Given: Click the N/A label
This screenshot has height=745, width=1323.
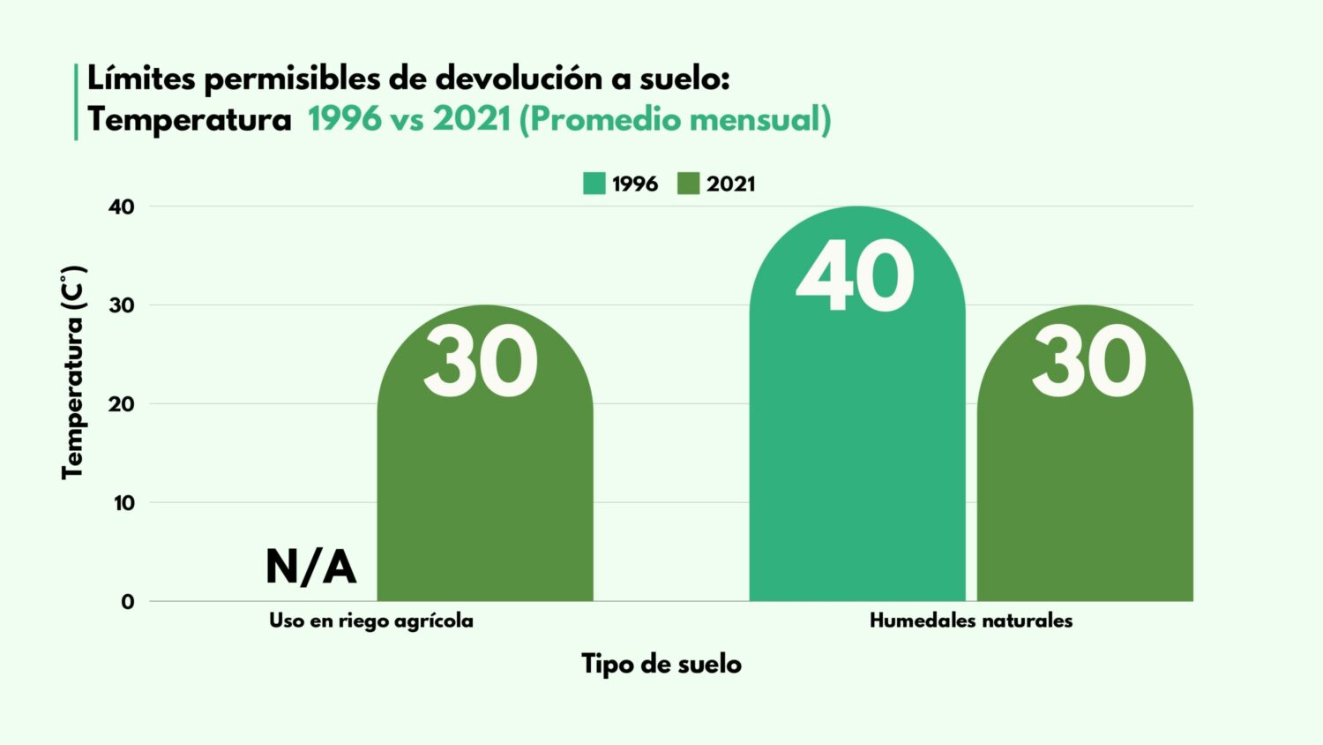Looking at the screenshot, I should pyautogui.click(x=310, y=567).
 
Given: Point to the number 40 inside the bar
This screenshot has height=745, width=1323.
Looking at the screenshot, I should pyautogui.click(x=855, y=276).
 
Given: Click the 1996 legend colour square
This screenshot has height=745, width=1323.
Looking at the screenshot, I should pyautogui.click(x=594, y=184).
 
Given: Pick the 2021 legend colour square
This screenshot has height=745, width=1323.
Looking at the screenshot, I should pyautogui.click(x=688, y=184).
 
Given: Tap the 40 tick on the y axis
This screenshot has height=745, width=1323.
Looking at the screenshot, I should pyautogui.click(x=122, y=207).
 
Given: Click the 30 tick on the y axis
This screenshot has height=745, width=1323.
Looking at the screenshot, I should pyautogui.click(x=122, y=305).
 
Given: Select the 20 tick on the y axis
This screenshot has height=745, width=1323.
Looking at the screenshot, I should pyautogui.click(x=122, y=404).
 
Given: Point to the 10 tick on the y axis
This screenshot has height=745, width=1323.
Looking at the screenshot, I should pyautogui.click(x=123, y=503).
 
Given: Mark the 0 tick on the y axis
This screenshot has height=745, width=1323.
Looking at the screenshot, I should pyautogui.click(x=128, y=602).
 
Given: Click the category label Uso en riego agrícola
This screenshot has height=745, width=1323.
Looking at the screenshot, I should pyautogui.click(x=371, y=621).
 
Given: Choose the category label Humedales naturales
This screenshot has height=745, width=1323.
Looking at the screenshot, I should pyautogui.click(x=971, y=621).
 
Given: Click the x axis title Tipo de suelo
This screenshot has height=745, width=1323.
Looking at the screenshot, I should pyautogui.click(x=661, y=664).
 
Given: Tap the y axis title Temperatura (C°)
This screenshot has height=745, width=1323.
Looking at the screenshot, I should pyautogui.click(x=73, y=372).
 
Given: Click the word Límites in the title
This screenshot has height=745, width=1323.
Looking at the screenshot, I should pyautogui.click(x=140, y=79).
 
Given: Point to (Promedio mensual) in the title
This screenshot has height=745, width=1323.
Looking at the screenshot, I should pyautogui.click(x=675, y=119).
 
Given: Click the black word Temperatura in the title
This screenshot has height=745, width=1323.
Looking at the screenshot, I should pyautogui.click(x=190, y=119).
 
